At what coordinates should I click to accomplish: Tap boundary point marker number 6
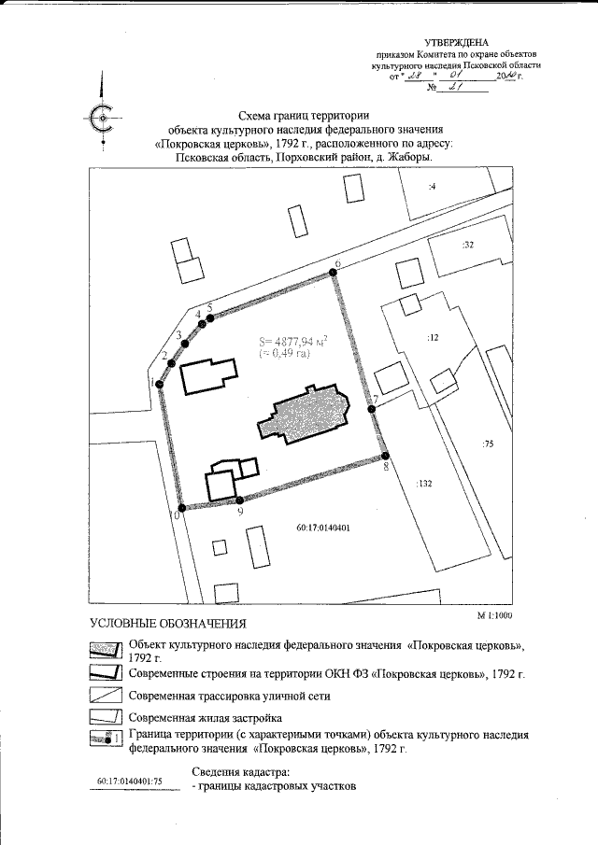pos(332,275)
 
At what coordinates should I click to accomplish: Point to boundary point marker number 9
pos(240,501)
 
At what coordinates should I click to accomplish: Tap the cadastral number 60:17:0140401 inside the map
pos(321,528)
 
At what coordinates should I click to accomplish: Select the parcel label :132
pos(425,484)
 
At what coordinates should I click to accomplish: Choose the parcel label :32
pos(468,245)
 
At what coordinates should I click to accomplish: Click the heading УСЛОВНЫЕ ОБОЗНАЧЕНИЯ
pos(167,624)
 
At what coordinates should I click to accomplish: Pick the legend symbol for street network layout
pos(106,696)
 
